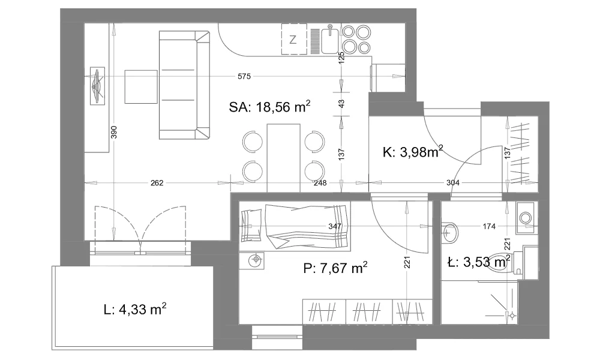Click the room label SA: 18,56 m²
(269, 107)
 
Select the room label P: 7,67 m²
(335, 268)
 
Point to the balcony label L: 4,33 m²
(134, 309)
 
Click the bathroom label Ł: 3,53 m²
(479, 262)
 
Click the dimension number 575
(244, 77)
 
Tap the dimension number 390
(113, 132)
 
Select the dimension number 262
(157, 183)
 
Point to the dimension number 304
(453, 183)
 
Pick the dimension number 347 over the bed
(335, 226)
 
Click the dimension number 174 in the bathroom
(489, 226)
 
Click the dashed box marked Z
(294, 39)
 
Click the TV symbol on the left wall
(97, 86)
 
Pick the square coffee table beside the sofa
(141, 87)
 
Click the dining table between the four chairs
(284, 158)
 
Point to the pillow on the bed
(252, 226)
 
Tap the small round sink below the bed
(255, 260)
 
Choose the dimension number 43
(342, 104)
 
